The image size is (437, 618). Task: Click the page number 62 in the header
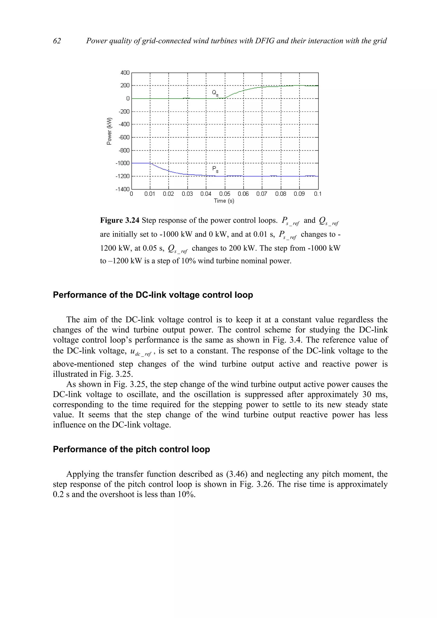point(57,41)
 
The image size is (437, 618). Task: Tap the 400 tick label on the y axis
point(125,73)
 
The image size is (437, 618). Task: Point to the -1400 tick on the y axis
point(123,189)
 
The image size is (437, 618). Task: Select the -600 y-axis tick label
point(124,138)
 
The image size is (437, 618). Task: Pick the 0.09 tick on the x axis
point(299,194)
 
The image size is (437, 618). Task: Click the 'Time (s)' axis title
point(224,201)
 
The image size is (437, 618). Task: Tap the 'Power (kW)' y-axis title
point(109,131)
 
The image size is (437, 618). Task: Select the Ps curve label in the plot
point(215,169)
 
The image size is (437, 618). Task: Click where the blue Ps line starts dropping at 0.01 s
point(150,163)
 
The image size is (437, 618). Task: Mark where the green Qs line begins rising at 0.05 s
point(225,98)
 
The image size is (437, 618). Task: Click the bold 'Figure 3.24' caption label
point(119,221)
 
